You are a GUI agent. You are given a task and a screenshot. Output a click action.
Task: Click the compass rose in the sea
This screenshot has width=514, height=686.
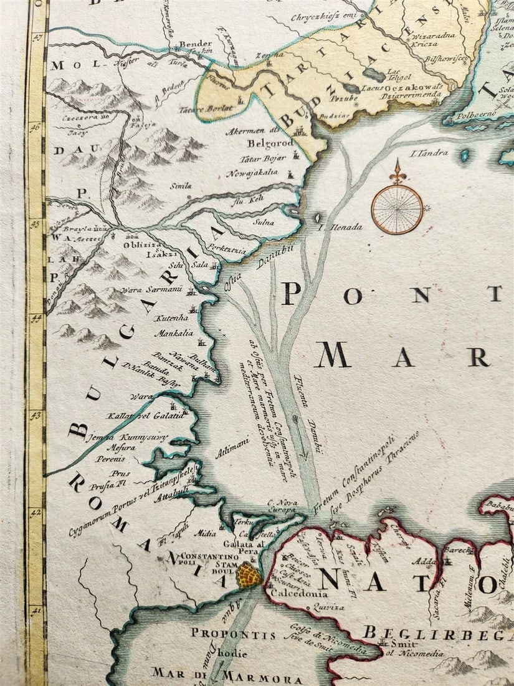coord(397,208)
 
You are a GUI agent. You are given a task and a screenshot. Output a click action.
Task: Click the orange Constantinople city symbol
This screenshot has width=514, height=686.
coord(249,574)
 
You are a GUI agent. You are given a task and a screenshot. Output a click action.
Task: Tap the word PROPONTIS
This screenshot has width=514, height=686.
coord(232,634)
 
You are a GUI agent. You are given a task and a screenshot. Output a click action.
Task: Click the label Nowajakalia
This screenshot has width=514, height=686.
coord(252,173)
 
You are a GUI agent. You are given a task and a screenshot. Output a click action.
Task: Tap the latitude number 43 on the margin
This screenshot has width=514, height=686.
coord(36,414)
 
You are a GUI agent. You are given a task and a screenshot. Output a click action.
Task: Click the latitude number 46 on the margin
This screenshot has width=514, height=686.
coord(36,127)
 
